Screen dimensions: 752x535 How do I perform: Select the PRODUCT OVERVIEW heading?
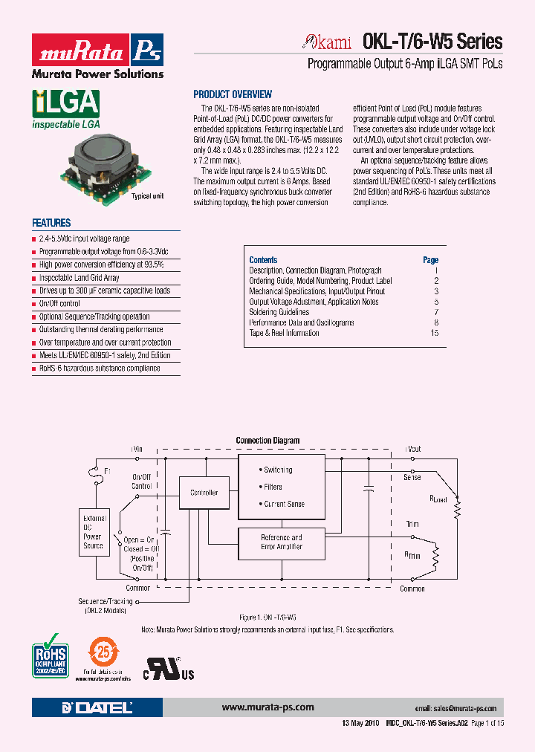click(233, 94)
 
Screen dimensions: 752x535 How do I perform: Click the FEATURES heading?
click(51, 223)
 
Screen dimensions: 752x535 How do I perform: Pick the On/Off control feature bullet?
click(59, 304)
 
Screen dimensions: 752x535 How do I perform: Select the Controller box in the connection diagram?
click(204, 493)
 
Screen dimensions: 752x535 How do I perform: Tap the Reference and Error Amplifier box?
click(281, 542)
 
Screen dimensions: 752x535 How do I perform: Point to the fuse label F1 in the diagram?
click(107, 471)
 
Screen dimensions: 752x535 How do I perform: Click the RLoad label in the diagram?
click(438, 499)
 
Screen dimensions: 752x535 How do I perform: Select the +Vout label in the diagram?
click(412, 449)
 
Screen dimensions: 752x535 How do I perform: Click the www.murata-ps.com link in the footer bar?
click(267, 707)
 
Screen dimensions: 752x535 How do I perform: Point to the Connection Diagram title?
click(267, 441)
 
